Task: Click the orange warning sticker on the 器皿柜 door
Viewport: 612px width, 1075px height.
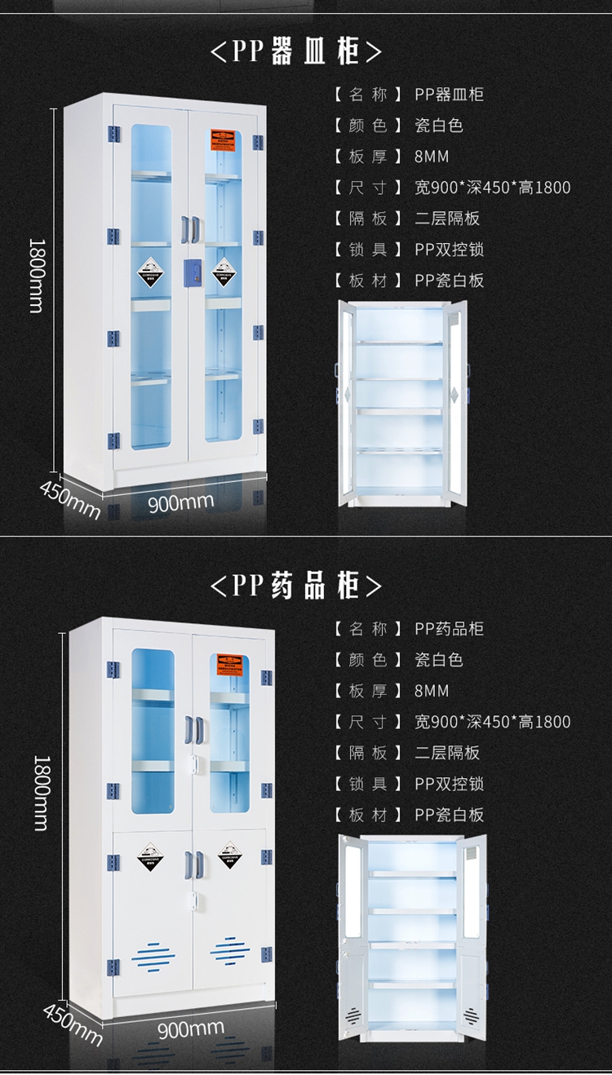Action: pyautogui.click(x=222, y=138)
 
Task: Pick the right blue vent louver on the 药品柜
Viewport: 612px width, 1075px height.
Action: pyautogui.click(x=230, y=951)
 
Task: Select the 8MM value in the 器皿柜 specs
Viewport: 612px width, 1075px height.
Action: pyautogui.click(x=432, y=157)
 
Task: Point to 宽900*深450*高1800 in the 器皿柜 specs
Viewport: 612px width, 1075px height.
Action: pyautogui.click(x=492, y=188)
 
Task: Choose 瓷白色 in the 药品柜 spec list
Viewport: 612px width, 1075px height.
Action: pyautogui.click(x=439, y=660)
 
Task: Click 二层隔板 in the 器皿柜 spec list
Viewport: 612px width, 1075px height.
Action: pyautogui.click(x=447, y=219)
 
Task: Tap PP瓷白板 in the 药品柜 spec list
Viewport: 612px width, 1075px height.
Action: pyautogui.click(x=449, y=815)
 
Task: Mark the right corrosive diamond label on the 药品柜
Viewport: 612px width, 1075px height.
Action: pyautogui.click(x=230, y=854)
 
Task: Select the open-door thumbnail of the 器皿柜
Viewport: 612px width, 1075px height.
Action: pyautogui.click(x=403, y=403)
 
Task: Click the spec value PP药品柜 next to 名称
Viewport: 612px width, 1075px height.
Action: pyautogui.click(x=449, y=629)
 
